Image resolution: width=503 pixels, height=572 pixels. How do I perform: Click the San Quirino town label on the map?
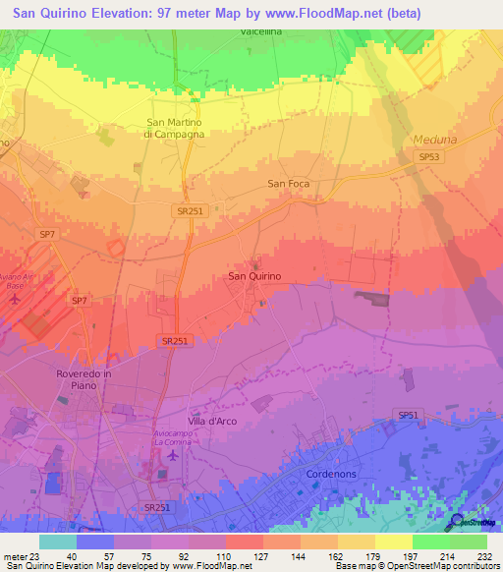tap(254, 276)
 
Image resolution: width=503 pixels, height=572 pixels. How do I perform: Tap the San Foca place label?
tap(289, 184)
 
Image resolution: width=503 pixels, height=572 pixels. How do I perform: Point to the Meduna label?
tap(435, 140)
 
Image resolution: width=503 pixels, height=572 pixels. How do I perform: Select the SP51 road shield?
tap(409, 416)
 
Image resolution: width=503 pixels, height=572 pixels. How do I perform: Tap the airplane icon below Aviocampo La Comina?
tap(175, 455)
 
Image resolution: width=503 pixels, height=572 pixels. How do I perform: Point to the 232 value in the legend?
tap(483, 556)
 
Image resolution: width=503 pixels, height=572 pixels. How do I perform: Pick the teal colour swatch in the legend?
tap(58, 542)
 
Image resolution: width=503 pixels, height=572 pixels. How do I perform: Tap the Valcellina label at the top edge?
tap(262, 32)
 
